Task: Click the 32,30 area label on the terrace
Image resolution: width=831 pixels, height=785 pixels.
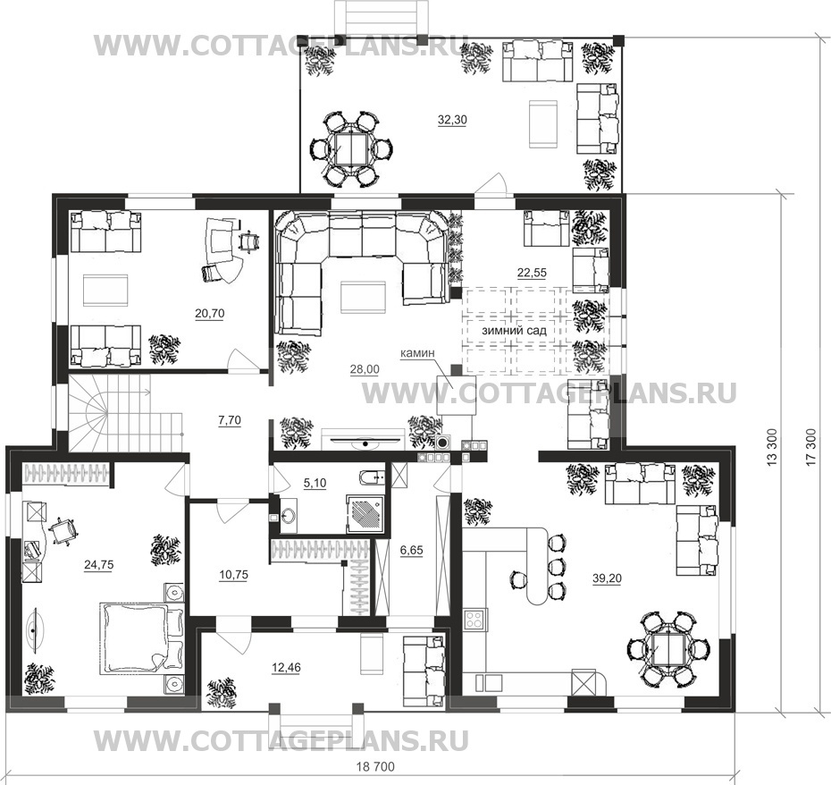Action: [452, 120]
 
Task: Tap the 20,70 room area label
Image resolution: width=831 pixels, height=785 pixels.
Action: [210, 314]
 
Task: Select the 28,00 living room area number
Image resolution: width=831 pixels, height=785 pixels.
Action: [365, 369]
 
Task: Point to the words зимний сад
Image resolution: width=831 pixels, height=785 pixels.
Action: [514, 331]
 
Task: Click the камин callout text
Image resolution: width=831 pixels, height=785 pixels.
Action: [417, 351]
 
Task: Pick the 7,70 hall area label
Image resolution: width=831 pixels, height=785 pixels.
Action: [230, 420]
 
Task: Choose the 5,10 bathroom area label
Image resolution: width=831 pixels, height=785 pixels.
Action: [315, 483]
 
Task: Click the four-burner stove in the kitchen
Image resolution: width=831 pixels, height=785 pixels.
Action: [474, 620]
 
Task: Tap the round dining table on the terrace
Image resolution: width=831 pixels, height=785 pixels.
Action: [351, 148]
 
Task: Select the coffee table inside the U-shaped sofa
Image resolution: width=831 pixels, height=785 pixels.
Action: [364, 298]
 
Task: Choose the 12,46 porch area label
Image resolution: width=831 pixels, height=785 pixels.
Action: [286, 668]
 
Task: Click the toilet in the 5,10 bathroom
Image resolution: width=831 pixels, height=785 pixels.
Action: [372, 479]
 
